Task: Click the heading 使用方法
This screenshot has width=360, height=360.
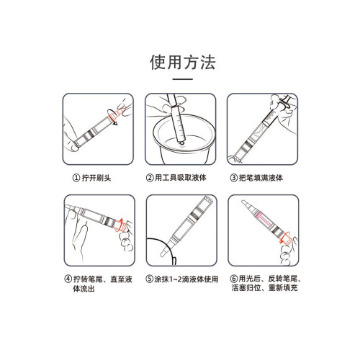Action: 179,61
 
